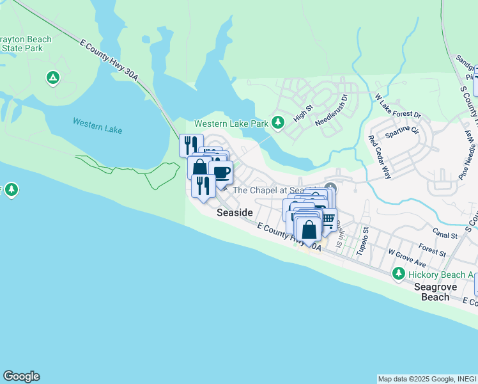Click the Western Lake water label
96,125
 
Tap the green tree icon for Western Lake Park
277,122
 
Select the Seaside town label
235,212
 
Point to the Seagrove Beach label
435,292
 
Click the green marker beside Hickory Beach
399,274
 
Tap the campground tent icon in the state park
53,78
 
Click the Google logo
21,376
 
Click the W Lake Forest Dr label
398,106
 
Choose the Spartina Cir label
402,133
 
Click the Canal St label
445,236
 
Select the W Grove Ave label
406,261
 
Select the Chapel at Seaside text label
275,190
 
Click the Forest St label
431,248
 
